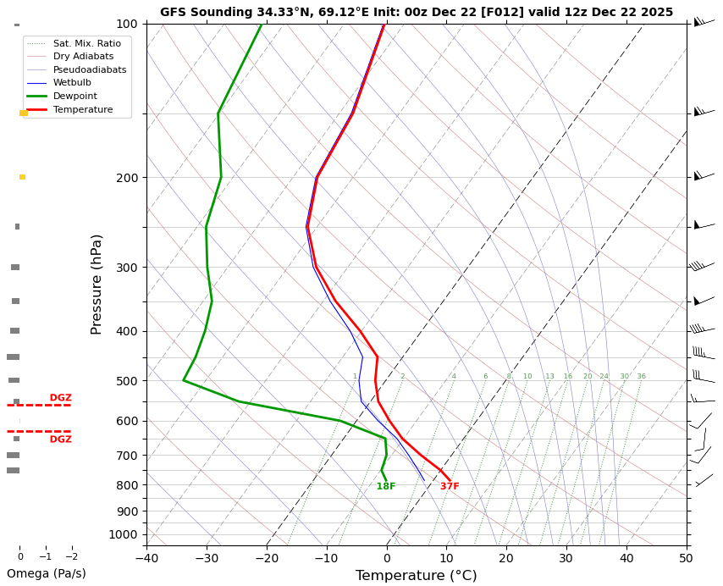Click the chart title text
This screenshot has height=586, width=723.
click(x=417, y=12)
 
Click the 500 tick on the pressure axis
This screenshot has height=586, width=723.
click(x=126, y=381)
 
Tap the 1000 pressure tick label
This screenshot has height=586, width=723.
click(x=124, y=534)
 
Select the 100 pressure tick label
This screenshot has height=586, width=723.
click(x=126, y=24)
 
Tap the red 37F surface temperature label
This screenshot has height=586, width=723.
click(x=450, y=487)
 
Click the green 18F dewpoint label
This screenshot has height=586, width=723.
click(x=386, y=487)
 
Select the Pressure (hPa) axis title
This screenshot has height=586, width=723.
click(x=97, y=284)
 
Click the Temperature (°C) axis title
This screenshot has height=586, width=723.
click(x=416, y=576)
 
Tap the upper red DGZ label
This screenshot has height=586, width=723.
click(x=60, y=398)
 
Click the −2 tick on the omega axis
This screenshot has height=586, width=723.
click(x=72, y=556)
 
